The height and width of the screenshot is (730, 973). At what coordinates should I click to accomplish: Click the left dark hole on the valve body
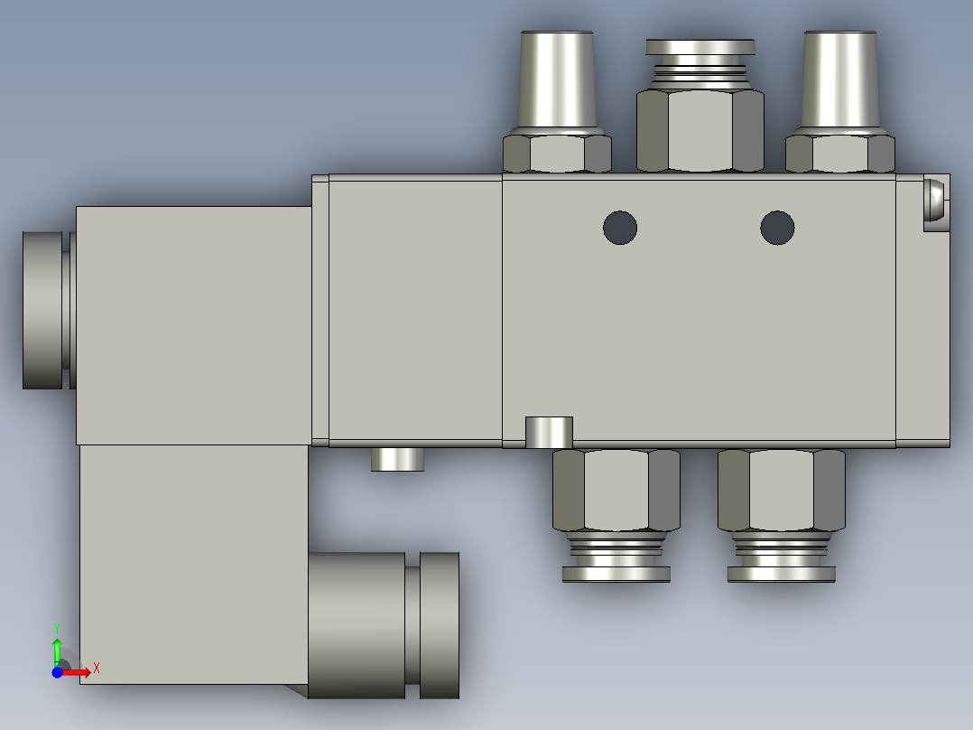point(620,228)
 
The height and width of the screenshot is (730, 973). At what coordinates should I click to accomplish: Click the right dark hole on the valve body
point(777,228)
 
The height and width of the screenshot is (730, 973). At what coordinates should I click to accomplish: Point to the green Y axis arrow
point(57,651)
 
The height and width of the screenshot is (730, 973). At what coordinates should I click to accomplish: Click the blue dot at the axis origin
point(57,672)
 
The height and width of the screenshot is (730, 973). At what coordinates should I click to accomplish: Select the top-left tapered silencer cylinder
point(557,80)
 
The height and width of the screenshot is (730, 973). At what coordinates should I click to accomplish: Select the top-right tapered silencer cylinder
point(839,80)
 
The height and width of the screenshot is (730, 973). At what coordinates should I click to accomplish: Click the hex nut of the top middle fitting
point(700,130)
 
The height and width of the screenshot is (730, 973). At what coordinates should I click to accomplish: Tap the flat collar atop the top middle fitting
point(700,47)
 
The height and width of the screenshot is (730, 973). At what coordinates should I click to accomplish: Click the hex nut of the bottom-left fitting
point(616,491)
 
